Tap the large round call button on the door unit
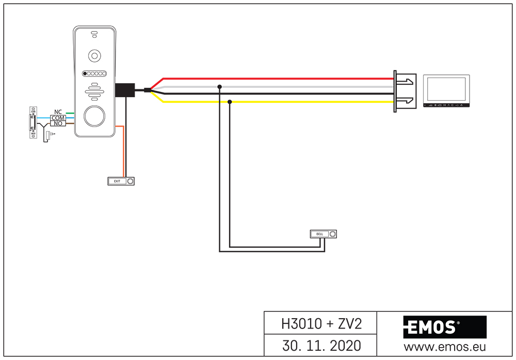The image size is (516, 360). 94,116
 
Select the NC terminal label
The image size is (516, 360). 58,112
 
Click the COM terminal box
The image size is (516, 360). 58,118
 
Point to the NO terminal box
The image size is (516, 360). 58,123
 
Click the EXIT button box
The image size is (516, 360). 121,181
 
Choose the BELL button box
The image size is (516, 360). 324,234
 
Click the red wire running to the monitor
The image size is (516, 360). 279,79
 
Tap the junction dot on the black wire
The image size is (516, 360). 230,102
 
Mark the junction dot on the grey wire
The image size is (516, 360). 220,87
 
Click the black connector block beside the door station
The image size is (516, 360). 124,90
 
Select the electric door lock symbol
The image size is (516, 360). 33,122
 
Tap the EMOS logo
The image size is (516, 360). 432,327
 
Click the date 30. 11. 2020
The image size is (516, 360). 321,345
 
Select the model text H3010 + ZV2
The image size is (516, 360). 321,324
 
